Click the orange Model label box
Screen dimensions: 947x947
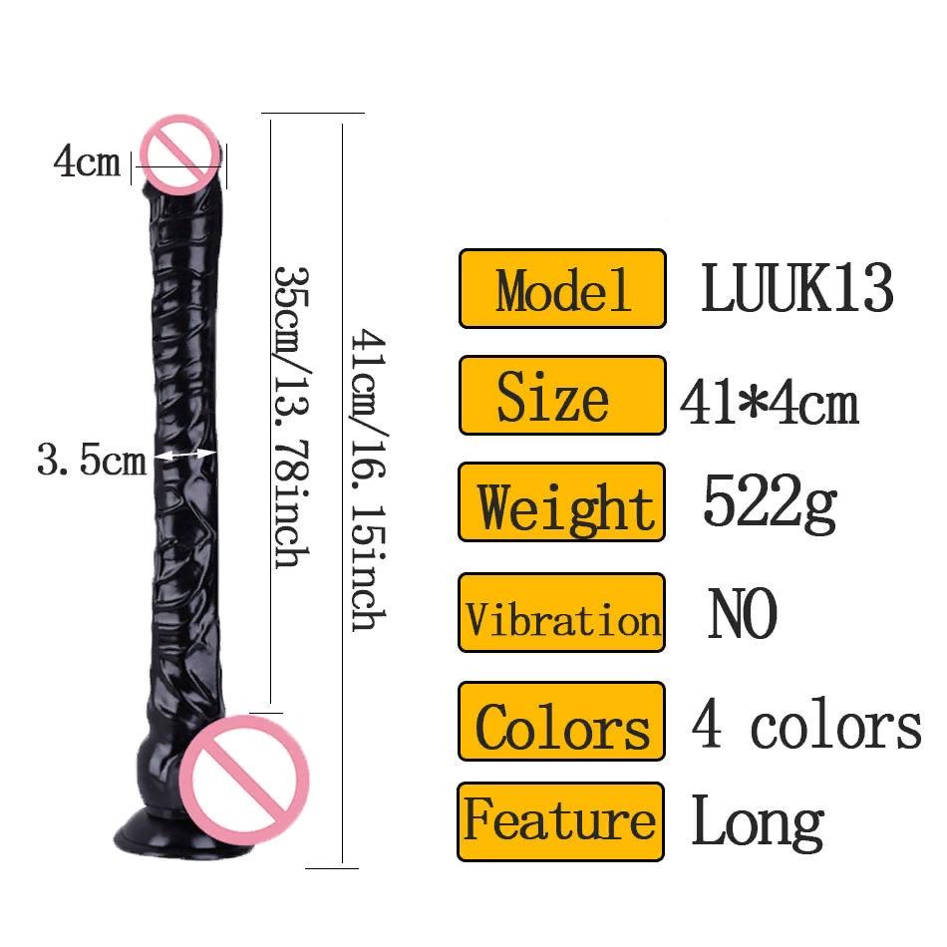point(561,288)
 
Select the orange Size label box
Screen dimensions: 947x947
point(561,396)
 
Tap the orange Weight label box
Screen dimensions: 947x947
point(561,502)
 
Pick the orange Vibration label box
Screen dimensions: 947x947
point(561,612)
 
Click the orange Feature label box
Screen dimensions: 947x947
point(561,821)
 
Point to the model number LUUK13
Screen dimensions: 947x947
point(796,288)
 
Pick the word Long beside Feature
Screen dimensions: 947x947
point(758,823)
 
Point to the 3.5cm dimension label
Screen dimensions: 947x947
point(92,461)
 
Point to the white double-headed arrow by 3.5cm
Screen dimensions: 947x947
point(186,455)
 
